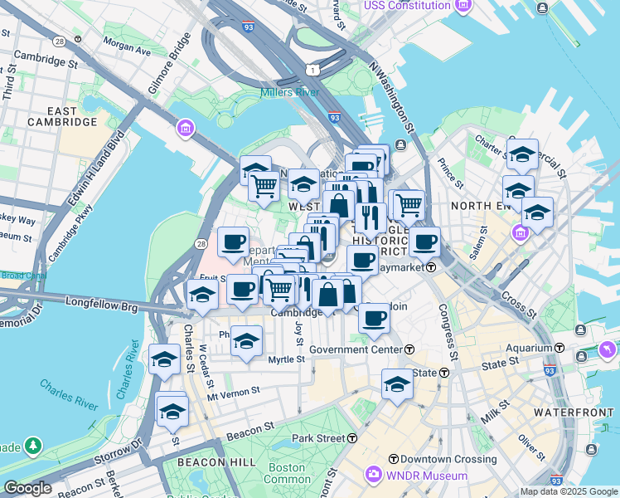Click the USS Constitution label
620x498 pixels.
coord(407,7)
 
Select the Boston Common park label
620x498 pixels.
coord(287,472)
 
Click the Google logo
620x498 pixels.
coord(27,488)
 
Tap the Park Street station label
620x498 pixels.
coord(321,437)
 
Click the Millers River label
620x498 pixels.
coord(290,92)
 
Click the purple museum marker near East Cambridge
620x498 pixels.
coord(184,129)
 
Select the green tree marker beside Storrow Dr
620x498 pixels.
coord(33,446)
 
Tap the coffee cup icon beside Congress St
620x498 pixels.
coord(425,242)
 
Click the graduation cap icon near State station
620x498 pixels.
coord(397,384)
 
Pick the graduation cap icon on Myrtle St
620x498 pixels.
coord(246,341)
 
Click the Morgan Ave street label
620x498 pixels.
coord(127,51)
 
